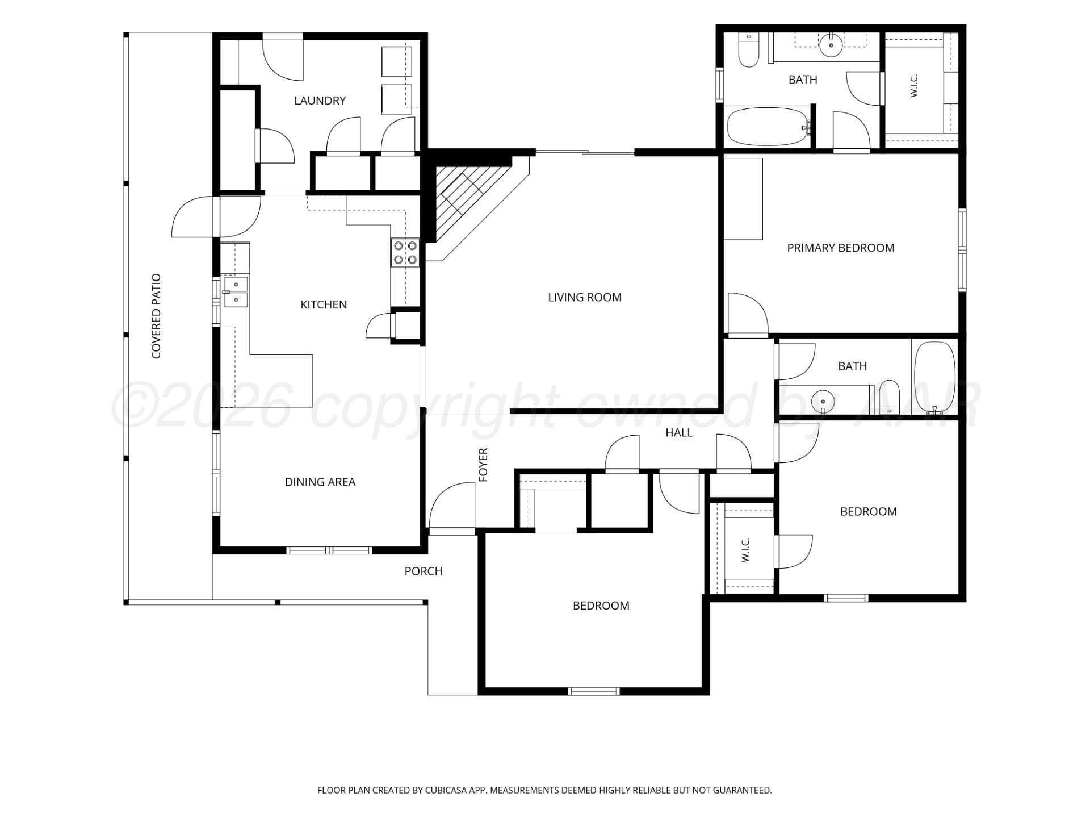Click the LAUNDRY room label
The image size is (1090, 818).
pos(320,101)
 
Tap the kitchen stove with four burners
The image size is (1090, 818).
pos(405,253)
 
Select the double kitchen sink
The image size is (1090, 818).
pos(236,291)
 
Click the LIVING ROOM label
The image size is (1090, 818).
pos(585,297)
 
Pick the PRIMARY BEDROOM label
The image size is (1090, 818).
pos(841,248)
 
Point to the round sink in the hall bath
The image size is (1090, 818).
pos(823,401)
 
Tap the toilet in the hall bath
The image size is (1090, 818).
pos(890,397)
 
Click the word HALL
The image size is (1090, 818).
pos(679,433)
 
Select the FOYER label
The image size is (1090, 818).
pos(483,465)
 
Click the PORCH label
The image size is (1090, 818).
pos(423,571)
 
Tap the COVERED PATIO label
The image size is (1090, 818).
pos(156,316)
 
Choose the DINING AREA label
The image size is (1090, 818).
pos(320,482)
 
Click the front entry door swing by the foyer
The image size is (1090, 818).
pos(452,506)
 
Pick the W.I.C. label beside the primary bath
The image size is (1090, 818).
pos(914,86)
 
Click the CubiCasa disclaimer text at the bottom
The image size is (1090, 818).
pos(544,790)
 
